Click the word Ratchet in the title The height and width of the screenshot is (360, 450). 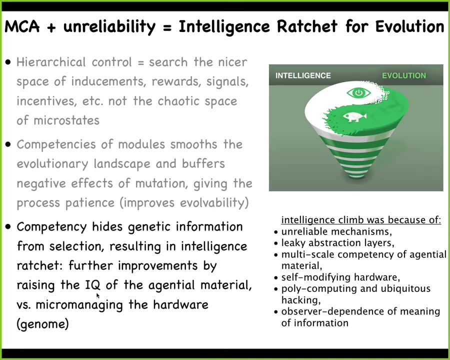[307, 26]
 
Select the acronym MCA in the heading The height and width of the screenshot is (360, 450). [22, 26]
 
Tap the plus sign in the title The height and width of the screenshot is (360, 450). [51, 27]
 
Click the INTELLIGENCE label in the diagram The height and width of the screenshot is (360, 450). [303, 75]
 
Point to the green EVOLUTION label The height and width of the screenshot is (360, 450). [404, 75]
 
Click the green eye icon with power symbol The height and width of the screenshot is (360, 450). [358, 92]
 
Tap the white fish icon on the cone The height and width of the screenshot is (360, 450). [354, 116]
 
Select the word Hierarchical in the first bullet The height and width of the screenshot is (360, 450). [51, 62]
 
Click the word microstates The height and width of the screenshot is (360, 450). [66, 120]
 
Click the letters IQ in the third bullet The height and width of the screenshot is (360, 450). [92, 285]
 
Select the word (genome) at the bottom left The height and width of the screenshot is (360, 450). [43, 324]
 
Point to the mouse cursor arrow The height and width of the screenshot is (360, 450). [98, 295]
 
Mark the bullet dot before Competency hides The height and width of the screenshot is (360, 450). [8, 227]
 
